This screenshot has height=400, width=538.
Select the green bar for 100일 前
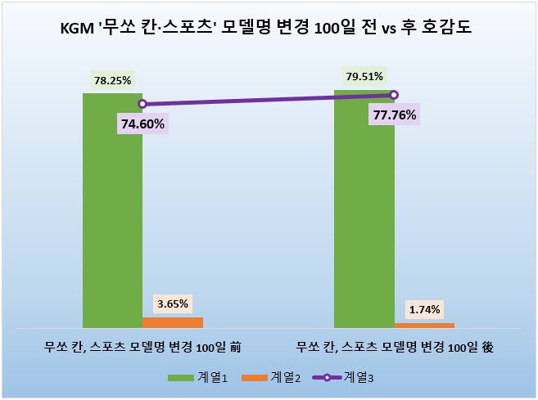pos(112,213)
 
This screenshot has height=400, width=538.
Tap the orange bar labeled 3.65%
pos(173,321)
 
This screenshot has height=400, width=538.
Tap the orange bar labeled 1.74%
pos(424,325)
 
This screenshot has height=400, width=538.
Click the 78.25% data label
pos(112,81)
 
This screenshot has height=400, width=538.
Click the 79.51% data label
pos(364,77)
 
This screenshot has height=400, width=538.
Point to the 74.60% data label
pos(142,124)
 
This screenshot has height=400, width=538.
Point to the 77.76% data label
pos(394,115)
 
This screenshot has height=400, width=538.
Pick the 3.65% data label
pos(173,303)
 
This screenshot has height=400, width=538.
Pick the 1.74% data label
pos(424,309)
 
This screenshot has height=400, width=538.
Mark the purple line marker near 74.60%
pos(142,104)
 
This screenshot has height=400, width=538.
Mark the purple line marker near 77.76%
pos(394,95)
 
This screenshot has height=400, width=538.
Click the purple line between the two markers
pos(268,99)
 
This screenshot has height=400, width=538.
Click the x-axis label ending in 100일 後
pos(394,346)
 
